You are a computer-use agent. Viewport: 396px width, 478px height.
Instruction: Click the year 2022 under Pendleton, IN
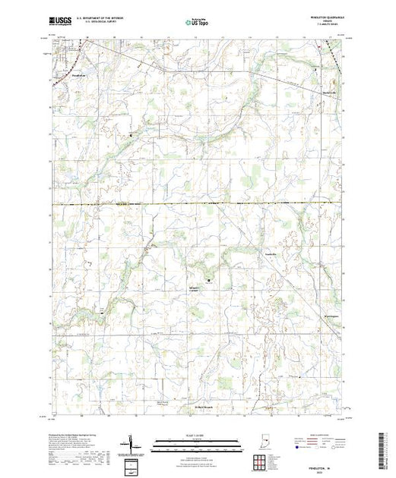[326, 465]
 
